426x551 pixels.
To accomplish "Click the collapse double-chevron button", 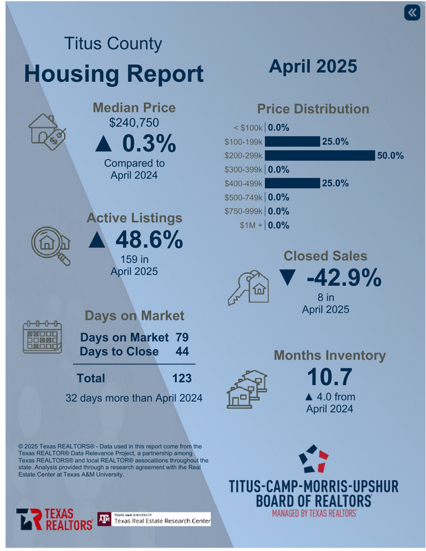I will click(412, 13).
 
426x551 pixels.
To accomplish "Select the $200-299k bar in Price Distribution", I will click(319, 156).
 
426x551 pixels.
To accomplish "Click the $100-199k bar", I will click(292, 142).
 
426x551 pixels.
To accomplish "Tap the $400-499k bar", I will click(292, 183).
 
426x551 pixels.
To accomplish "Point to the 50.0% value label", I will click(390, 156).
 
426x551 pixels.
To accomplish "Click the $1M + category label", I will click(250, 225).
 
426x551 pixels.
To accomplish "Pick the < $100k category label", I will click(247, 128).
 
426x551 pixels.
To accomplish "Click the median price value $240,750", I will click(134, 123).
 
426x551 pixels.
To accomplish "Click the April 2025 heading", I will click(312, 66).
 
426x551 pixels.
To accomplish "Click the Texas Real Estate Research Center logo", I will click(154, 519).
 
